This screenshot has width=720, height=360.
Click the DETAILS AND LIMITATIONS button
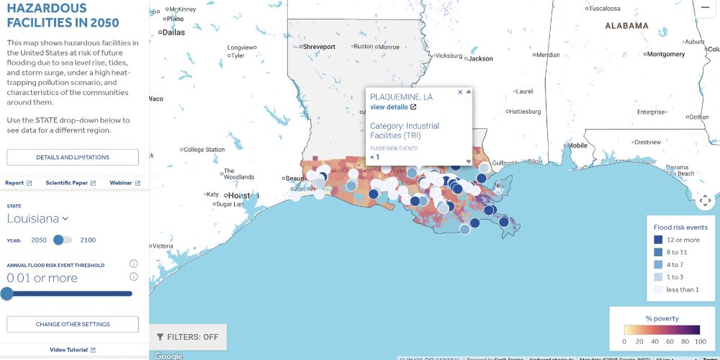[x=73, y=157]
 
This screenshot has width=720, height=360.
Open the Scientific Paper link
[x=71, y=183]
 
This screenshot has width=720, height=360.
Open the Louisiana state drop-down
[x=37, y=218]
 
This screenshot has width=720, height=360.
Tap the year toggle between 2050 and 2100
[x=63, y=240]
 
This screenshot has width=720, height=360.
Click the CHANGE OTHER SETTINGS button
[x=73, y=324]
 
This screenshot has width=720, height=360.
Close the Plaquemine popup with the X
[x=460, y=92]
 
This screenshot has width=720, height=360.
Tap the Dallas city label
[x=173, y=32]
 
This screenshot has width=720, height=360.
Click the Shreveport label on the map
[x=319, y=47]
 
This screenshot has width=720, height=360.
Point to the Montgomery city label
[x=665, y=54]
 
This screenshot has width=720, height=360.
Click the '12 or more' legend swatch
[x=658, y=240]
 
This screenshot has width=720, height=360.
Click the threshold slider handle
[x=6, y=293]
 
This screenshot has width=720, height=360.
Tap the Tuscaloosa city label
[x=604, y=9]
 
